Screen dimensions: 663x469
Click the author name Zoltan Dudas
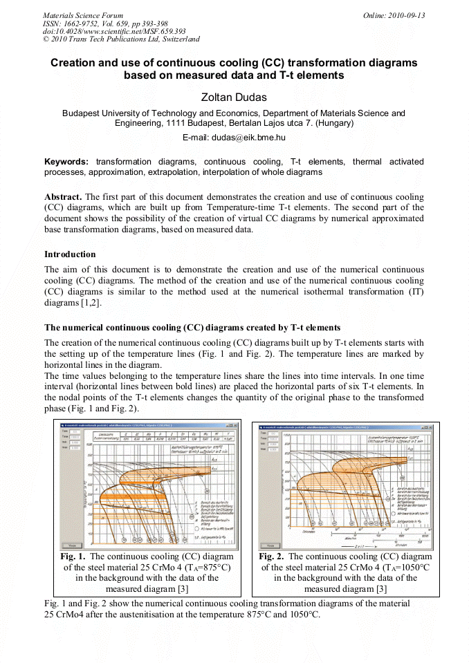[x=234, y=97]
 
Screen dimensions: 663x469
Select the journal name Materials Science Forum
[x=83, y=15]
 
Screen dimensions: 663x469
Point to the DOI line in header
[x=114, y=31]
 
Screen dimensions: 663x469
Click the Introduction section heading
[x=70, y=254]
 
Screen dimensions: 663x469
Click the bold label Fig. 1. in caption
[x=73, y=556]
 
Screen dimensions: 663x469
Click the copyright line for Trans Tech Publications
[x=121, y=39]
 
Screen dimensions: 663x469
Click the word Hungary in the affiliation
[x=333, y=123]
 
